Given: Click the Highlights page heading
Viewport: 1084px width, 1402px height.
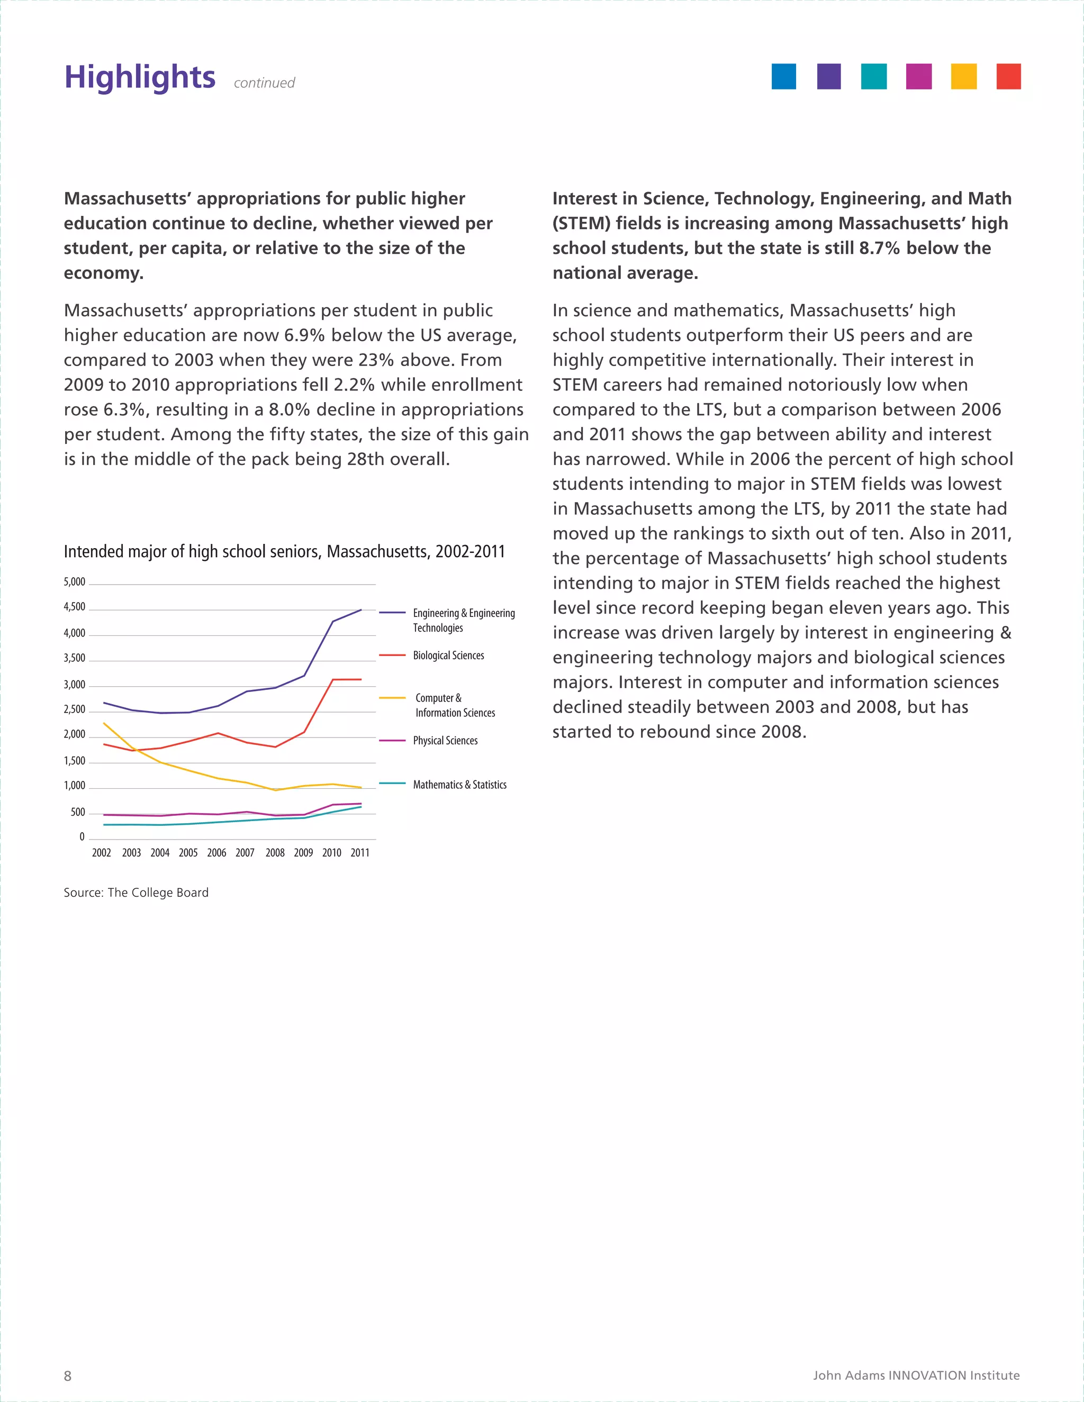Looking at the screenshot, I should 139,77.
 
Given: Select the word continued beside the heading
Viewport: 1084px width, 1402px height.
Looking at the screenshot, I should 264,83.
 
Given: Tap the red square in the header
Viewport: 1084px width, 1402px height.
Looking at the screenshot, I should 1008,76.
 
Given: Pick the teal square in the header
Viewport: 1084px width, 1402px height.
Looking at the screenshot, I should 873,76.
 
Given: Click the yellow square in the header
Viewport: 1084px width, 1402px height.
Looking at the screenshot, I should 963,76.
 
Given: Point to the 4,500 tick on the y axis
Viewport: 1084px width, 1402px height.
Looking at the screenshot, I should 75,607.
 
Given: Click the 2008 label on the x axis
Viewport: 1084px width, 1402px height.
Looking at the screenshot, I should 275,852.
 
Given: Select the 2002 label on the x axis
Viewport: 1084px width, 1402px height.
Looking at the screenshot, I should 102,852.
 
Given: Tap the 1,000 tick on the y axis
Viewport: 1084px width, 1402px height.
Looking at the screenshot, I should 75,785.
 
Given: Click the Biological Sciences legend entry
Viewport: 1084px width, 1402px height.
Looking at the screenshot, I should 448,656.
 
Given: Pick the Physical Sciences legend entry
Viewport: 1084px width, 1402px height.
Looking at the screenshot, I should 445,740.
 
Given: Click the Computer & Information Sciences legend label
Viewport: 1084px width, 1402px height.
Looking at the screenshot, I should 455,705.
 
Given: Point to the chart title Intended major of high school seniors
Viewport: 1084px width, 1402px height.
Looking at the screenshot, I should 284,551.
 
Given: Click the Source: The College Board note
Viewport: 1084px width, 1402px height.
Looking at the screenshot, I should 136,893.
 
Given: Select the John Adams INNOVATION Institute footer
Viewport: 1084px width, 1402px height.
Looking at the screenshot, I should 916,1375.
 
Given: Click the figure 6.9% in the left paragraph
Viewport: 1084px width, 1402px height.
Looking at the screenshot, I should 304,335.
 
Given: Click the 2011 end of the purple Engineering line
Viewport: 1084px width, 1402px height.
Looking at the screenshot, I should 361,610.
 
